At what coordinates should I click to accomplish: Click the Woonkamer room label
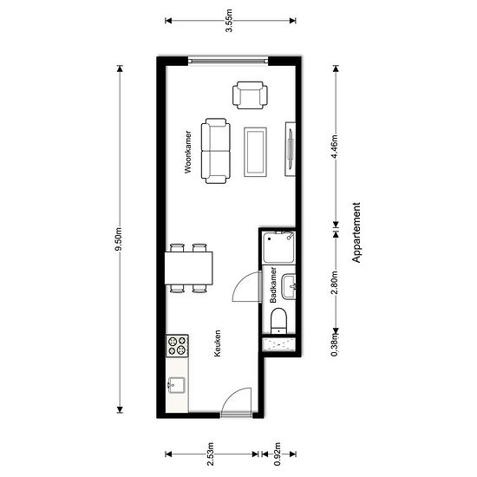click(x=188, y=152)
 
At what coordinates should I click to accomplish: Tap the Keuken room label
click(x=217, y=343)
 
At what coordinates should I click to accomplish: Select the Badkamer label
click(x=273, y=285)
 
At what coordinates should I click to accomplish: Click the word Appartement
click(x=356, y=232)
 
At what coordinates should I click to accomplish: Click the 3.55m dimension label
click(x=229, y=21)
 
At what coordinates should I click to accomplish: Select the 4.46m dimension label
click(x=335, y=147)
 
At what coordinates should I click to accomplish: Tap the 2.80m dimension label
click(x=335, y=283)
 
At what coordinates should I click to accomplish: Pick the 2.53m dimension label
click(x=211, y=454)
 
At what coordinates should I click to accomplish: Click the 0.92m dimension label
click(x=278, y=454)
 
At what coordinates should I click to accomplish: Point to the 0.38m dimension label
click(x=335, y=344)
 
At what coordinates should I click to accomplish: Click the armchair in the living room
click(x=250, y=95)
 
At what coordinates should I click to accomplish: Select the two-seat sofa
click(x=215, y=151)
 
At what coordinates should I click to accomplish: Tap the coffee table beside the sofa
click(x=255, y=152)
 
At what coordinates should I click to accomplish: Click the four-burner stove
click(x=177, y=345)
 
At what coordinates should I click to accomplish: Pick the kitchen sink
click(x=176, y=385)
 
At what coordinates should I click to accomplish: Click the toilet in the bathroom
click(x=278, y=321)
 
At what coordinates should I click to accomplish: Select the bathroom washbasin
click(x=289, y=286)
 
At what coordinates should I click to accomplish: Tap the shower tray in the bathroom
click(x=278, y=248)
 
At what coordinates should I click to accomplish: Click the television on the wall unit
click(x=291, y=149)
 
